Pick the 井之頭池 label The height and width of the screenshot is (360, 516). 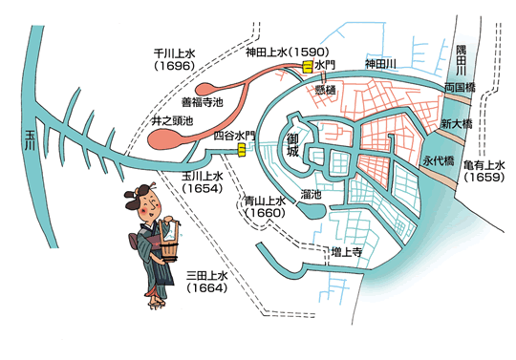[x=172, y=121]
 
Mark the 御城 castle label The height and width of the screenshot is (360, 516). [x=296, y=146]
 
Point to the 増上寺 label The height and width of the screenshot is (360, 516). [x=344, y=252]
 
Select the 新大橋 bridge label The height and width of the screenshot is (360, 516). [x=457, y=124]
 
